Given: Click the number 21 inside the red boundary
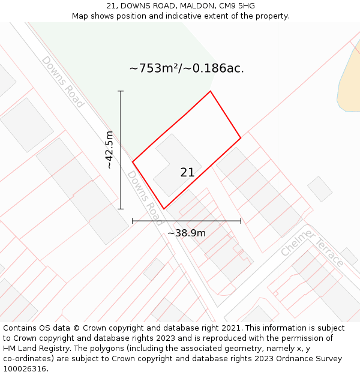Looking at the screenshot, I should pos(187,172).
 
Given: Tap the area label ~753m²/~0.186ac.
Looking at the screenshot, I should pos(187,68).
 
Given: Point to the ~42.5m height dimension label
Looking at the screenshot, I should pos(109,149).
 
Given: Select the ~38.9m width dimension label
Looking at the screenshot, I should pos(187,233).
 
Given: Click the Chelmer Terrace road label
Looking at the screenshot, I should pos(312,247).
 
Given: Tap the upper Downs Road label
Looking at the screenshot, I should pos(62,82).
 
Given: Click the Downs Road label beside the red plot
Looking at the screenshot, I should pos(145,197).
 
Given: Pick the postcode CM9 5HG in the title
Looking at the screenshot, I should pos(235,6).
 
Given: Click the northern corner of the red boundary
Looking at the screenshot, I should pos(210,91).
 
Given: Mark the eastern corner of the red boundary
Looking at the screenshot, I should pos(241,138).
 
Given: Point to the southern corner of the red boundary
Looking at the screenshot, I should pos(164,209).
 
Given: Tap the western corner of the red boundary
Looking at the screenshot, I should pos(133,162).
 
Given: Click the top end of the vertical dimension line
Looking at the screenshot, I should pos(121,91).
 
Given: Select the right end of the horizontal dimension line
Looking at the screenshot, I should pos(241,221).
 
